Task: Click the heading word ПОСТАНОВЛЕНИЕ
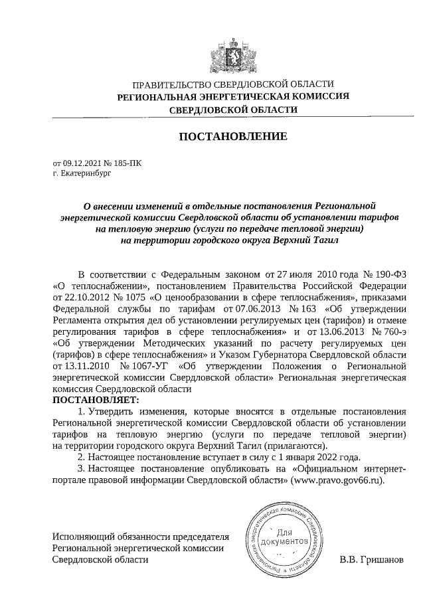232,137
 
